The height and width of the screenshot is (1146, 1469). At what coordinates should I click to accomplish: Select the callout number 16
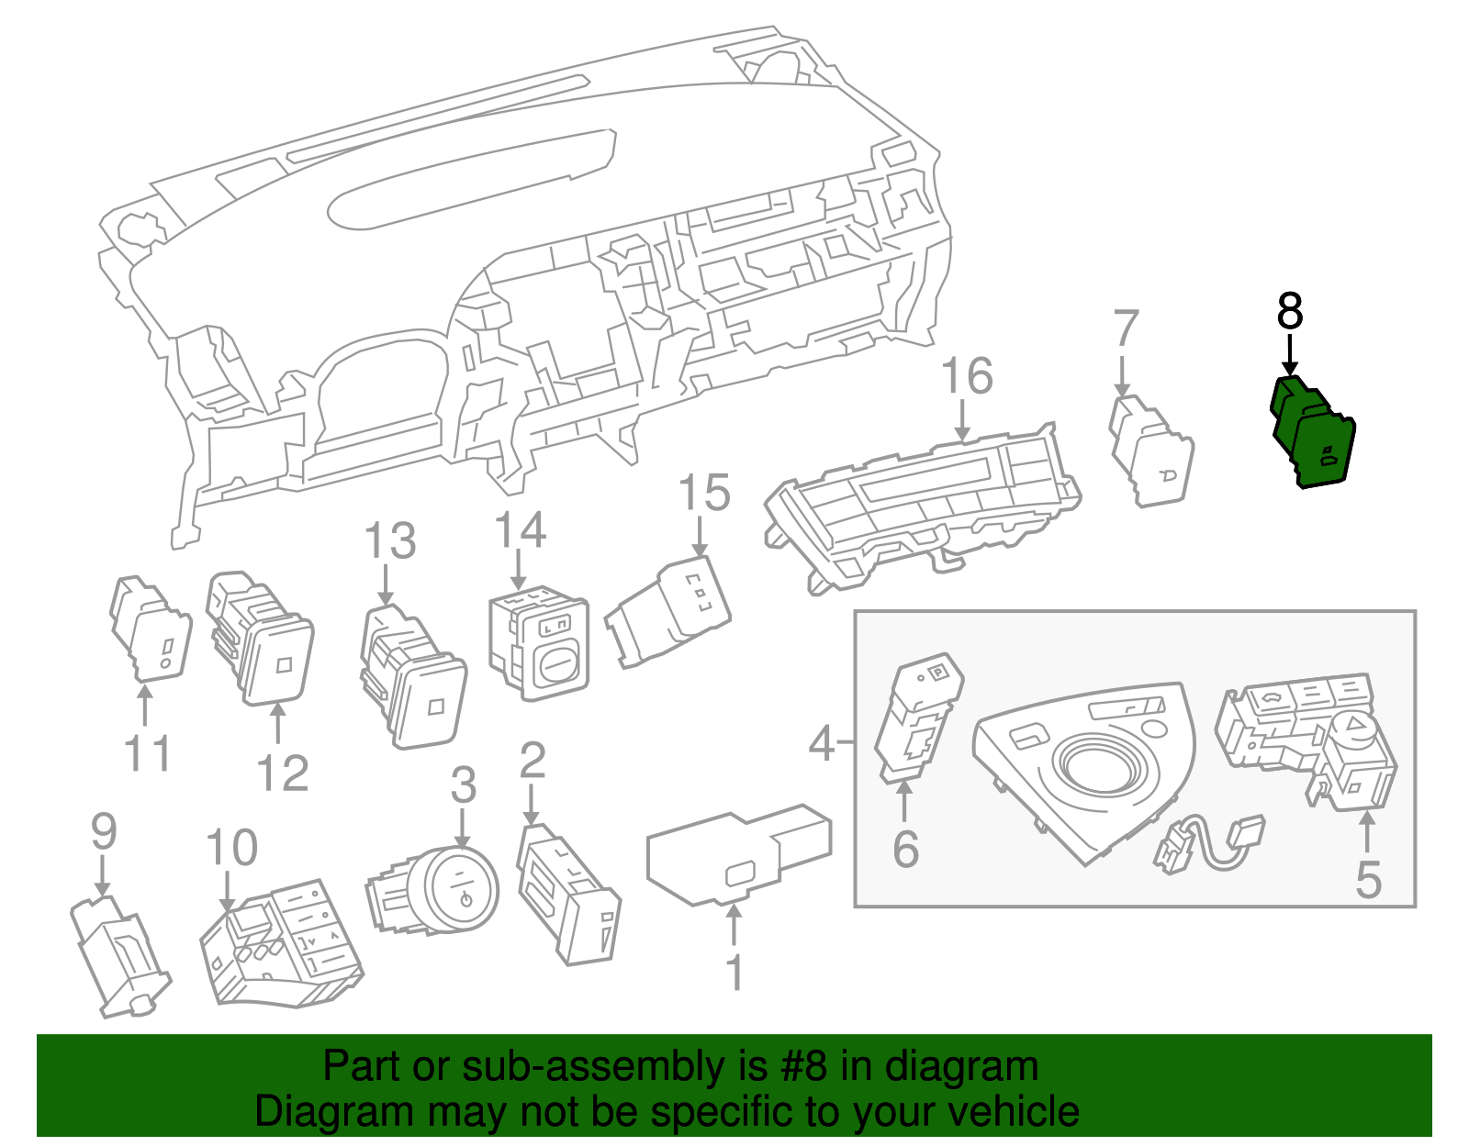[967, 377]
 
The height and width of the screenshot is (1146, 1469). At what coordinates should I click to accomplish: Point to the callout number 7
[1126, 328]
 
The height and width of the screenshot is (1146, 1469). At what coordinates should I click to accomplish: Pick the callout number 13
[390, 541]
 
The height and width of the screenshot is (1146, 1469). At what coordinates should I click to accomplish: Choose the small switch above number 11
[151, 629]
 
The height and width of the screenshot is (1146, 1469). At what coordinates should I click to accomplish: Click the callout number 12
[282, 773]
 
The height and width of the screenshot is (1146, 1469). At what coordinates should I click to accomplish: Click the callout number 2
[533, 762]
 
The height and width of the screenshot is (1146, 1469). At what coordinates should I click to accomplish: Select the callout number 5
[1368, 880]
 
